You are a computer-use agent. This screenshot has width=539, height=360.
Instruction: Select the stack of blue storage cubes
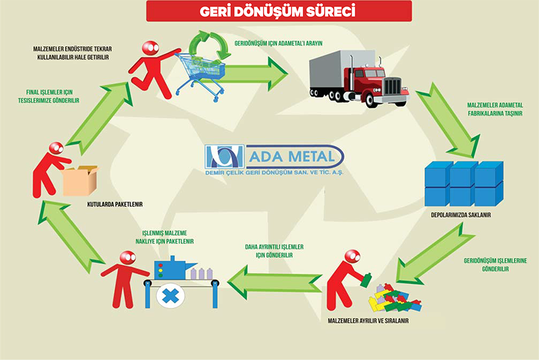(x=463, y=183)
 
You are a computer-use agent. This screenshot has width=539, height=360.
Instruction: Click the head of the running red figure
(x=150, y=48)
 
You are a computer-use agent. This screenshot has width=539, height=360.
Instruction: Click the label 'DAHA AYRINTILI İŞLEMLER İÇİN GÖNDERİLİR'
(x=274, y=250)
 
